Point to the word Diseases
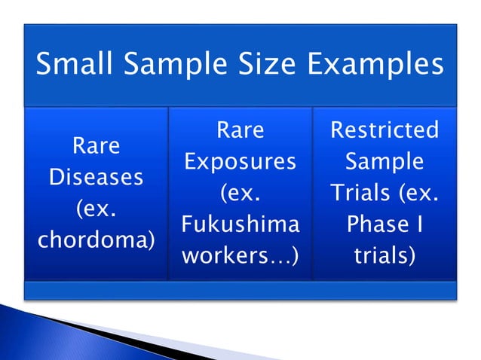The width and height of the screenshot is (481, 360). coord(96,178)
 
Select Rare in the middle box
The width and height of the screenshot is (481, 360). coord(240,130)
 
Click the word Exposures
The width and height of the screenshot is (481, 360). coord(240,162)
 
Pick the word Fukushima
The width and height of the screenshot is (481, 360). coord(240,225)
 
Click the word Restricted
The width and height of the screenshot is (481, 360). coord(384,130)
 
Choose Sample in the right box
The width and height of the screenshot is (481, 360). coord(384,162)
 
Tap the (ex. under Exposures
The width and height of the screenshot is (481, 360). coord(240,194)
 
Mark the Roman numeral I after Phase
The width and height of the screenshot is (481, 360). coord(416,225)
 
